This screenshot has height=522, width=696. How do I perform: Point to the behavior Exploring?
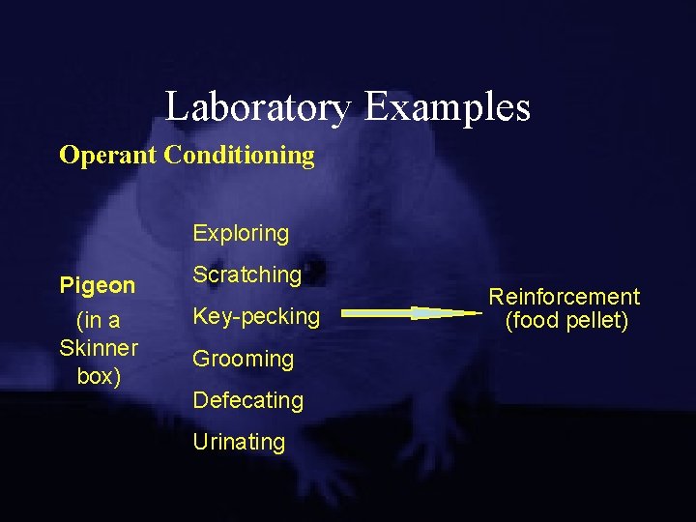pos(241,233)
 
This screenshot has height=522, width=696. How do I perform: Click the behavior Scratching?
pos(247,275)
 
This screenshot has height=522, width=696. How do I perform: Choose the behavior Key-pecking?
pos(256,316)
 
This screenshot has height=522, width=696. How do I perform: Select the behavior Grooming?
pos(243,359)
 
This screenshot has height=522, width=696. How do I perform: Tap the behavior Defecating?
pos(247,400)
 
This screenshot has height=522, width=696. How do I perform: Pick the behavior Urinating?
pos(239,443)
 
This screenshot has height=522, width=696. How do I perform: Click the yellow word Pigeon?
pos(98,286)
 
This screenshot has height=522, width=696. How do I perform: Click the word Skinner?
pos(99,348)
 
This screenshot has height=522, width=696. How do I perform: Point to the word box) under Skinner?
pos(98,376)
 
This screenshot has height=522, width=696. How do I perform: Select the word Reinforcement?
pos(564,297)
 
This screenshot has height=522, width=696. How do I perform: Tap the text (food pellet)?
pos(565,321)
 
